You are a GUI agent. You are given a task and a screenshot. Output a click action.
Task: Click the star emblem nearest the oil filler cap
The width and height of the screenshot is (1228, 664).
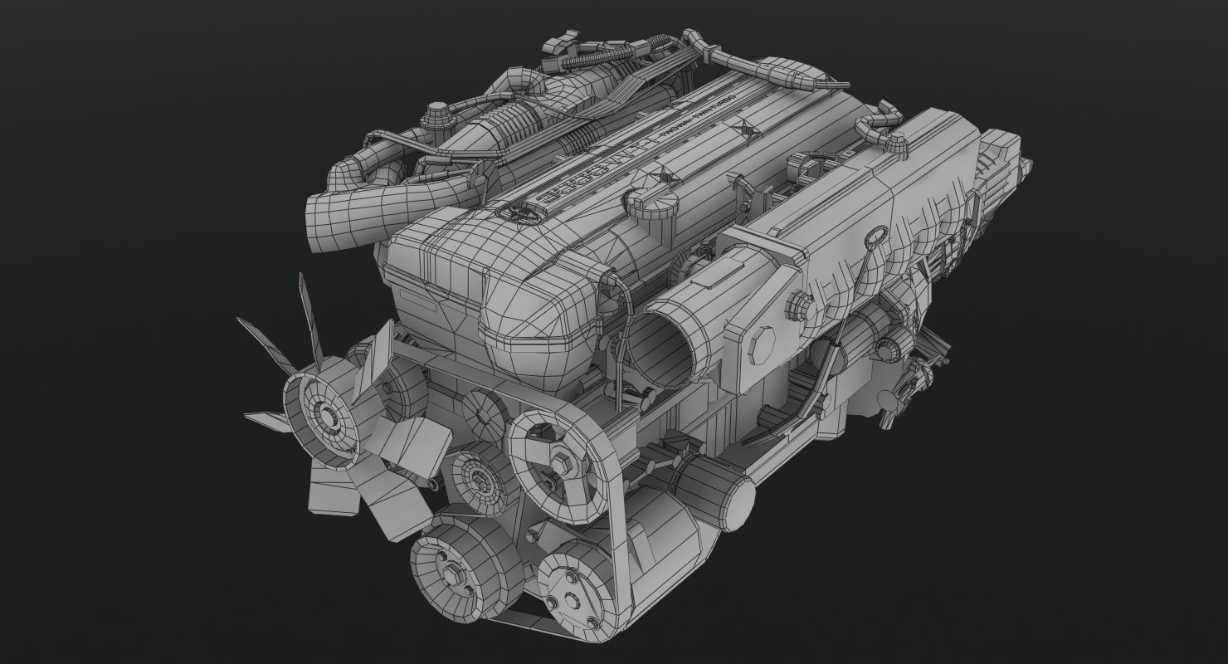point(663,175)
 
